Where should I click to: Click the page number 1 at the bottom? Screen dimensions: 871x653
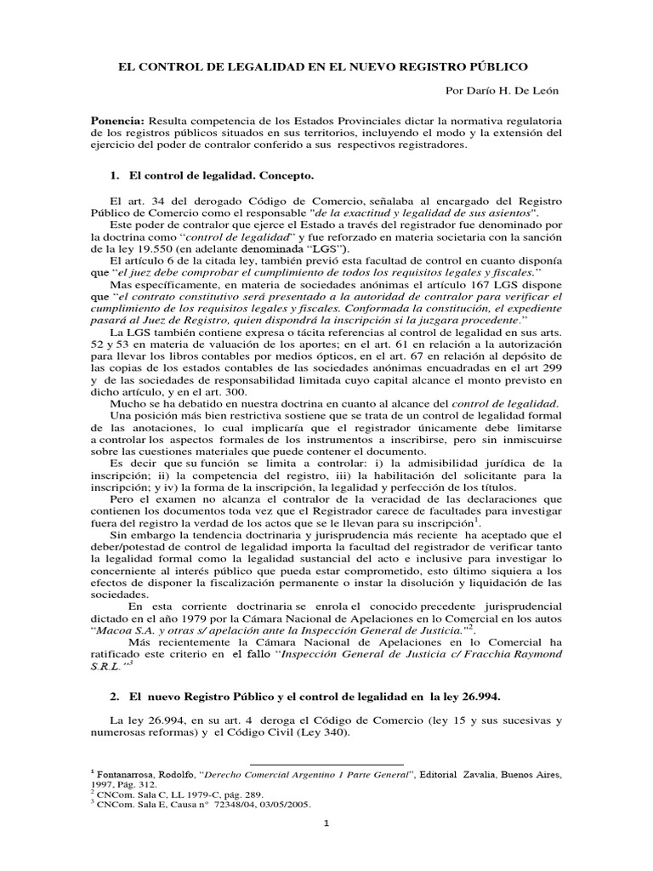[326, 847]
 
